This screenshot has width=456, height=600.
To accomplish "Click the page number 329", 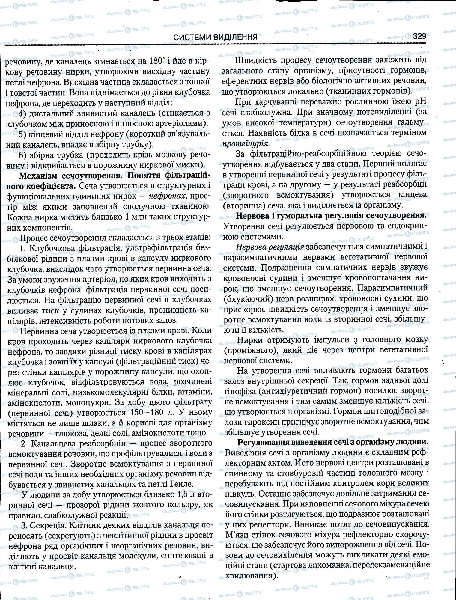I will [419, 37].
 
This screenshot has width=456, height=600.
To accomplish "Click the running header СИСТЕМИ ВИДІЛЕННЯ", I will [216, 37].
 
